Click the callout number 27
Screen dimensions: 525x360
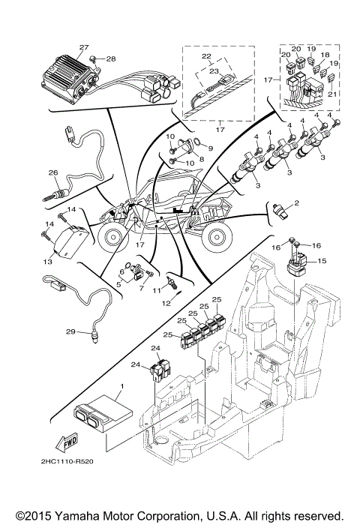tap(84, 47)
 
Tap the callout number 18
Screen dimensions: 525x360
tap(325, 55)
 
